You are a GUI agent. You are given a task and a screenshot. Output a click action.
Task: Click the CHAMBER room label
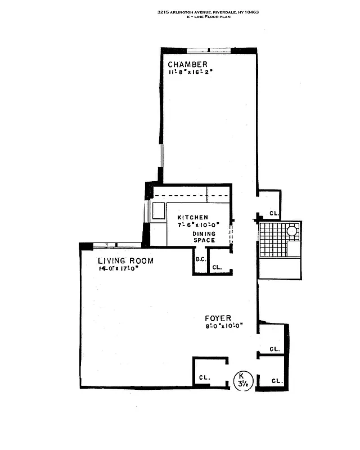point(187,64)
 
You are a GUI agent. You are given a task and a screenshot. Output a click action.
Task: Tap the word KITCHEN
point(192,218)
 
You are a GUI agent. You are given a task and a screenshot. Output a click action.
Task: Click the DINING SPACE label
point(203,237)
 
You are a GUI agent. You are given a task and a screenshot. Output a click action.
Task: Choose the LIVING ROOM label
point(125,261)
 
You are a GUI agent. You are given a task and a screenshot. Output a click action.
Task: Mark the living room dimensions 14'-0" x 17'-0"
point(118,269)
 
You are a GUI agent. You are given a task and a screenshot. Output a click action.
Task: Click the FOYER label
point(218,318)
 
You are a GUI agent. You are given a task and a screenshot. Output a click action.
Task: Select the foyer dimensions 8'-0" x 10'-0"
point(224,326)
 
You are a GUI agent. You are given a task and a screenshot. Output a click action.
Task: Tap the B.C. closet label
point(200,260)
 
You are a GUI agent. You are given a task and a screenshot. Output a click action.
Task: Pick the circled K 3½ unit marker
point(241,380)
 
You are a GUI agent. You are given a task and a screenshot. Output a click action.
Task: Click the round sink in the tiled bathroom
point(292,231)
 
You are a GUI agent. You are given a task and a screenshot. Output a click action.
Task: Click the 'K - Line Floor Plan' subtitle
point(209,17)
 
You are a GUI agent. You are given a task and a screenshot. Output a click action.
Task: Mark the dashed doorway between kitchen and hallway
point(231,236)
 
